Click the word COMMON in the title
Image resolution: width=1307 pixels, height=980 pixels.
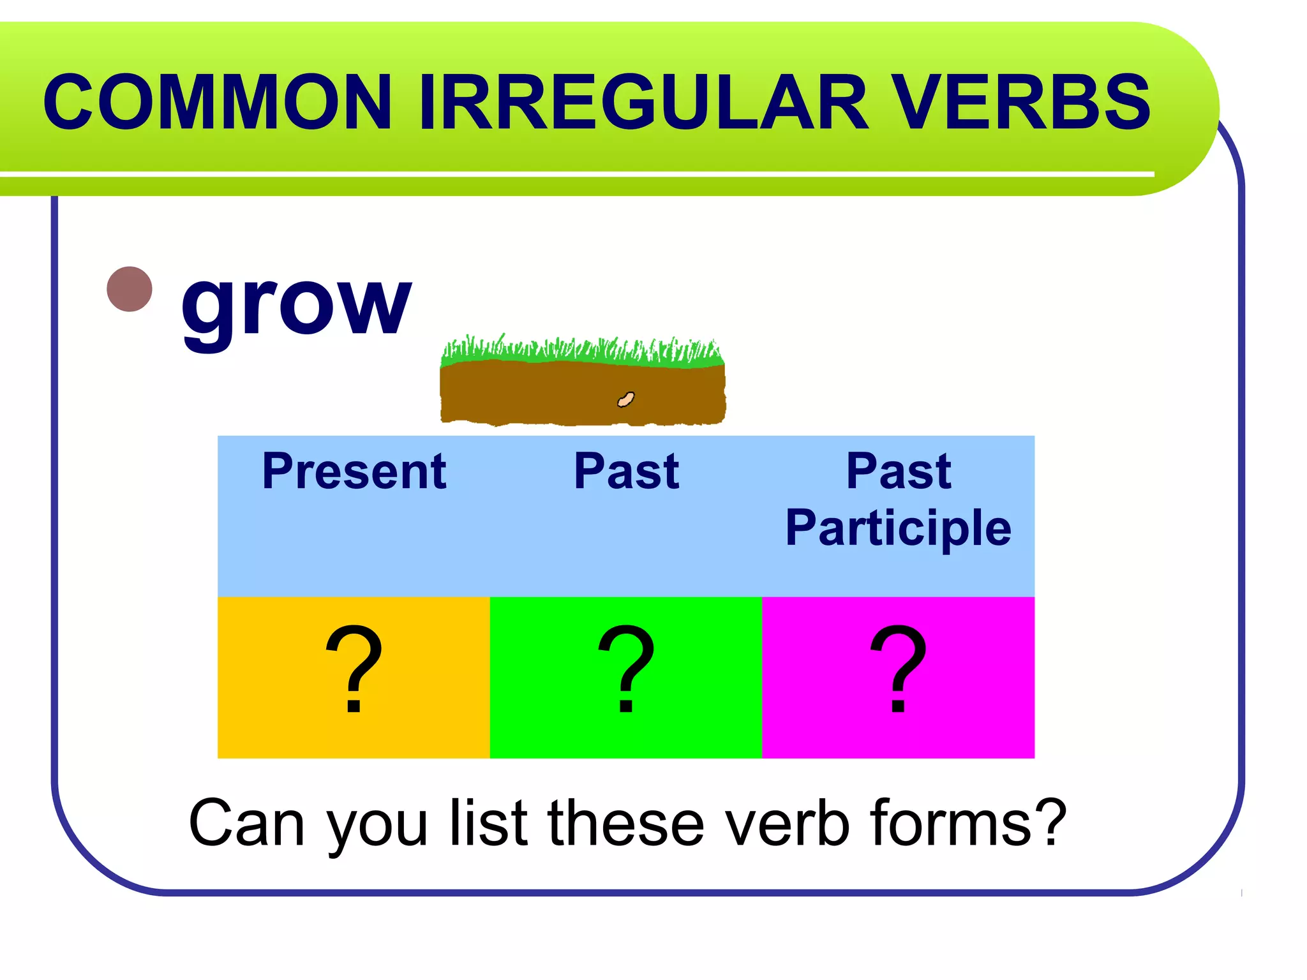pos(217,102)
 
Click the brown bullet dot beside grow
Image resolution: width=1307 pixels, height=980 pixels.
pos(130,289)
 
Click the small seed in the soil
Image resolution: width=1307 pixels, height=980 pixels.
pos(626,399)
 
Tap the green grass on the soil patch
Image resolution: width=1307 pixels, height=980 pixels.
pos(581,353)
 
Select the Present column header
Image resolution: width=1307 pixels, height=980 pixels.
pos(354,471)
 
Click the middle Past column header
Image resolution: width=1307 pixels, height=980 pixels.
pos(626,471)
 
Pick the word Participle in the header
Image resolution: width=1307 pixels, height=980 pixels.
pos(898,528)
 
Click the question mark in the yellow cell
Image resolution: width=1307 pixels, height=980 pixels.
pos(354,670)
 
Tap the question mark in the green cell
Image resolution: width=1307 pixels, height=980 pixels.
pos(626,670)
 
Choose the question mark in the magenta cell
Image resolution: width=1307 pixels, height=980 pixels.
pos(898,670)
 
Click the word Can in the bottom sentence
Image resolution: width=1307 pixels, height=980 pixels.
pos(246,824)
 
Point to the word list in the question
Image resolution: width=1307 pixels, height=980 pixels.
pos(489,824)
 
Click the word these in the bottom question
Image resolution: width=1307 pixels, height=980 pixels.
pos(625,824)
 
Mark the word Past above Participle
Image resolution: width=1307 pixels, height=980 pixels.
pos(898,471)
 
